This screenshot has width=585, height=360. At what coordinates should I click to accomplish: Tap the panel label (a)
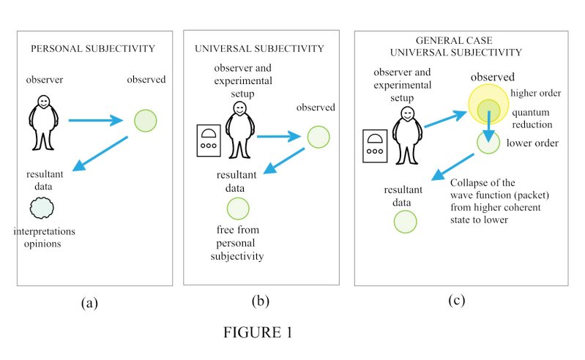89,302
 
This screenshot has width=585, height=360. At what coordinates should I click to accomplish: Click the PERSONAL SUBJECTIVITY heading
92,49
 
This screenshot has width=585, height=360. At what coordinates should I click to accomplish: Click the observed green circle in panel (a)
146,120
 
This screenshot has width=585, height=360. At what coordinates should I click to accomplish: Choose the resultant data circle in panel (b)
238,209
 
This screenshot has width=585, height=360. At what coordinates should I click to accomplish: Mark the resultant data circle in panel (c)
405,221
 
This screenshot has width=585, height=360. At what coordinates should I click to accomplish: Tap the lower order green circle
488,142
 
